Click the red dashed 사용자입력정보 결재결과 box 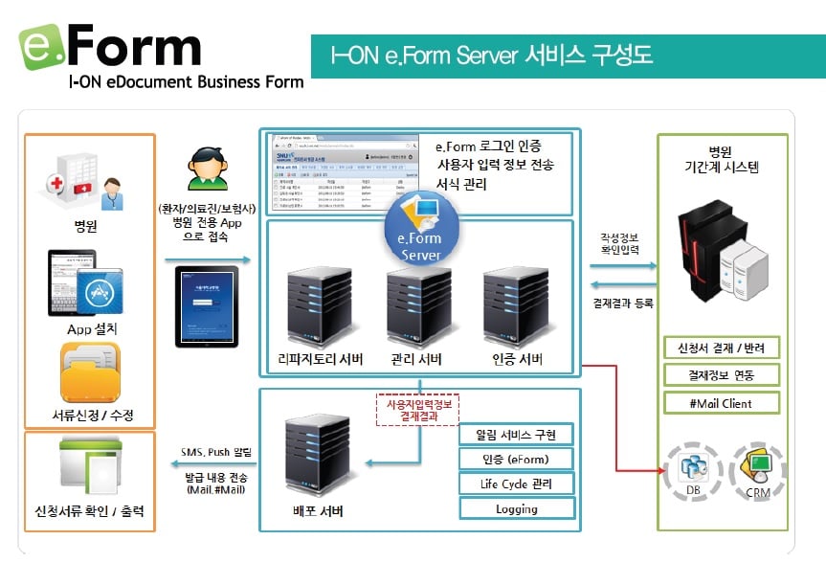coord(414,410)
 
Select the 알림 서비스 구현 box coord(517,435)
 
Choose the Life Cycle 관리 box coord(517,484)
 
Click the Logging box coord(517,508)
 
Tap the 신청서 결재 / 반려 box coord(722,347)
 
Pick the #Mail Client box coord(722,403)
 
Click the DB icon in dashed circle coord(692,469)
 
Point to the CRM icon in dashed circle coord(758,469)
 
